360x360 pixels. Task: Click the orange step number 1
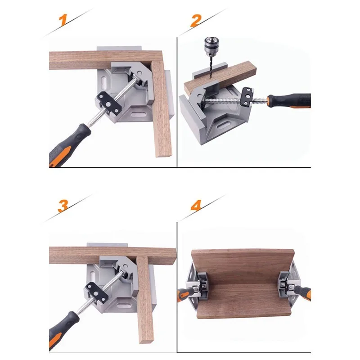click(x=63, y=20)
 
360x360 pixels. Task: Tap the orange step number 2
click(x=196, y=21)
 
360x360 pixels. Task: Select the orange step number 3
click(x=63, y=206)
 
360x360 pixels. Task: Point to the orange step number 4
click(x=196, y=205)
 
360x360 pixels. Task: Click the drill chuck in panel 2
click(x=210, y=47)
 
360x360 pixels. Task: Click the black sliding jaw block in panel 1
click(x=108, y=104)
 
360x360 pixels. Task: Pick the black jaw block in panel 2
click(x=247, y=96)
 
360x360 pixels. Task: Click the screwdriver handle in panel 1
click(x=68, y=144)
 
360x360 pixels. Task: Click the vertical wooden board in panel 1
click(x=161, y=108)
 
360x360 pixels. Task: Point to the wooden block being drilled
click(x=220, y=77)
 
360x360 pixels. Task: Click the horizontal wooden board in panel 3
click(x=112, y=255)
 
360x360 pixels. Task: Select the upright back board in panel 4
click(x=243, y=267)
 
